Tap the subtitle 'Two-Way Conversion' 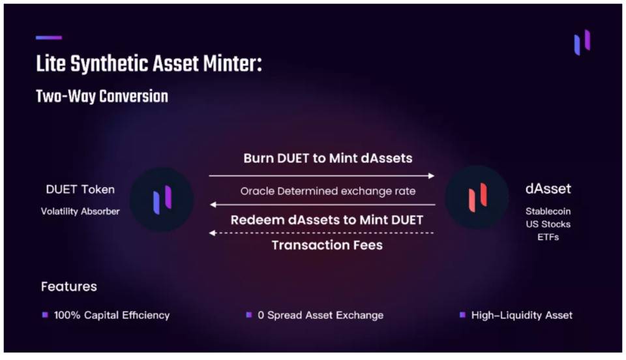click(102, 97)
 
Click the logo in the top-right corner click(582, 42)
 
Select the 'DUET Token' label click(80, 190)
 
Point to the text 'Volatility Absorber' click(80, 211)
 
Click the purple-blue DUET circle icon click(162, 199)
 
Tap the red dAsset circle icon click(477, 197)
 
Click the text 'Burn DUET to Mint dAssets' click(328, 158)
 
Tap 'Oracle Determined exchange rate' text click(328, 191)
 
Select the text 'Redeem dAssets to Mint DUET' click(327, 220)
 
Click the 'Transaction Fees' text click(327, 245)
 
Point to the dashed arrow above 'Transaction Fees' click(321, 233)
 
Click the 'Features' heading click(68, 286)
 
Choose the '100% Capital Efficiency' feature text click(112, 315)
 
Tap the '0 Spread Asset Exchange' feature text click(320, 315)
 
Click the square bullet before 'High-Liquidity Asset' click(462, 315)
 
